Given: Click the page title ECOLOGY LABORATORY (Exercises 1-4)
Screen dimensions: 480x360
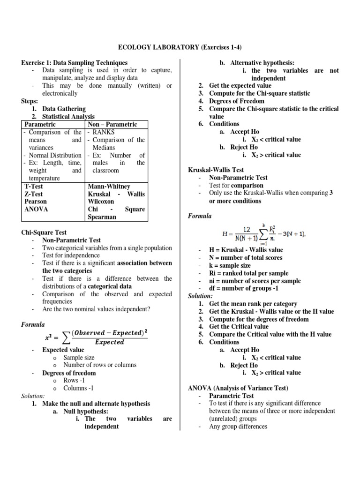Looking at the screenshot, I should (180, 47).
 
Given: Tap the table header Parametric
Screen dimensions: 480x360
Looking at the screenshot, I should (40, 124).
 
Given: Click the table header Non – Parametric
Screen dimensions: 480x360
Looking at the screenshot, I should (112, 124).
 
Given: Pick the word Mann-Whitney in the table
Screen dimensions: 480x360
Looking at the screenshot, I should (109, 186).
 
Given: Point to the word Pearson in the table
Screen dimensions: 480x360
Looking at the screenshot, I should (36, 202).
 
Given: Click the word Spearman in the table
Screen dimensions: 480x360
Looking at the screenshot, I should (102, 217).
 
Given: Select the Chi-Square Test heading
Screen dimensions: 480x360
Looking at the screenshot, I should (44, 232).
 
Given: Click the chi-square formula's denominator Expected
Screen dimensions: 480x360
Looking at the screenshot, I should (110, 342).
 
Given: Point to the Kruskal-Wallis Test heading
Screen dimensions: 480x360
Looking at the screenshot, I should (216, 170).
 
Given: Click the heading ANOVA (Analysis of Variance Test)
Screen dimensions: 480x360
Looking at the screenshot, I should (238, 388).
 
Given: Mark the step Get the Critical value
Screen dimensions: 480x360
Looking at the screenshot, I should (239, 327).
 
